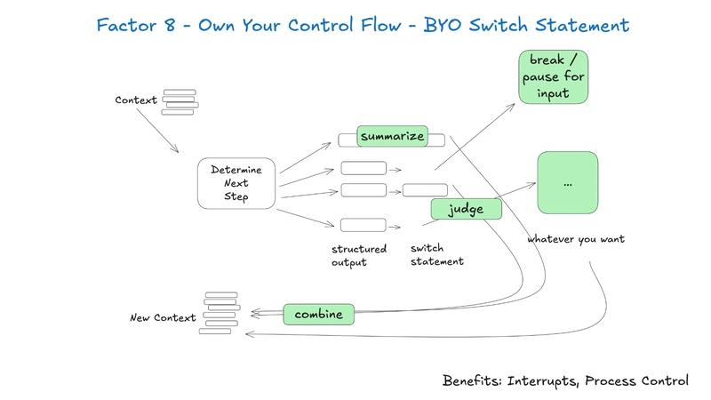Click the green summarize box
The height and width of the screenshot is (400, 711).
point(392,136)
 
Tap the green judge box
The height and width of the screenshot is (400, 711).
point(467,209)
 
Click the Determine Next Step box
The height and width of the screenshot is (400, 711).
point(236,184)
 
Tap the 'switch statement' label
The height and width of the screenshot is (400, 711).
point(437,255)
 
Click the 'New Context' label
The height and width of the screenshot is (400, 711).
point(162,317)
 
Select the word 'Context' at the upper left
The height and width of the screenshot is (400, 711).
point(136,99)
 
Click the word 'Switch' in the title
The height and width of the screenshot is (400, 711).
point(497,26)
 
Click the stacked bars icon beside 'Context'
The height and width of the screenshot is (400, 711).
point(180,102)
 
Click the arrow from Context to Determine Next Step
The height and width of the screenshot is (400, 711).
point(156,131)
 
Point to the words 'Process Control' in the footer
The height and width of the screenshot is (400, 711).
point(640,380)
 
